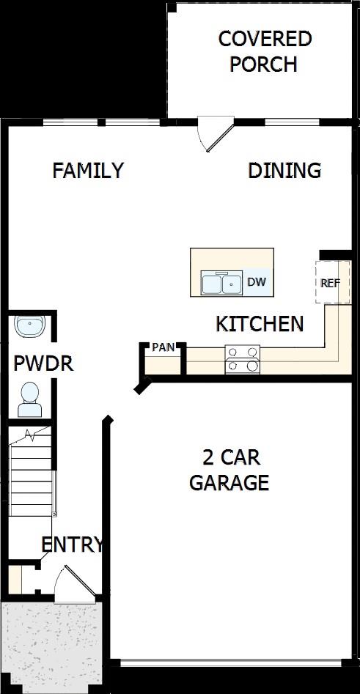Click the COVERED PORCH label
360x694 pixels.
click(x=265, y=51)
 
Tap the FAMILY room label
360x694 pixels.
click(x=88, y=171)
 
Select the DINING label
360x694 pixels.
click(x=284, y=171)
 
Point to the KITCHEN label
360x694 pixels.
click(x=260, y=323)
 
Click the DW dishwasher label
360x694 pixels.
click(x=256, y=281)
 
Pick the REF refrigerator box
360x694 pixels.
click(x=331, y=282)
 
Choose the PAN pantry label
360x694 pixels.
click(x=164, y=347)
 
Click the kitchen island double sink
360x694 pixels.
click(x=221, y=283)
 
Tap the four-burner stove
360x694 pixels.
click(x=243, y=359)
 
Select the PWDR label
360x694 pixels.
click(x=44, y=363)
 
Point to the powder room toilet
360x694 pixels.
click(x=30, y=394)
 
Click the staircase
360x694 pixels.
click(x=32, y=473)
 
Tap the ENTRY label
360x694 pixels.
click(x=72, y=545)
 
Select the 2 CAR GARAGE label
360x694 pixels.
click(x=229, y=470)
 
